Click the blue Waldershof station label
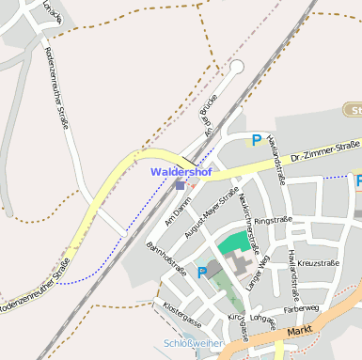click(181, 172)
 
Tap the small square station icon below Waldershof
click(180, 185)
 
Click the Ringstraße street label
click(274, 221)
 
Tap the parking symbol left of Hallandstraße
click(256, 141)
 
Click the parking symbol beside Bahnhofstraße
click(201, 273)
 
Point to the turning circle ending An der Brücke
click(237, 67)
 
